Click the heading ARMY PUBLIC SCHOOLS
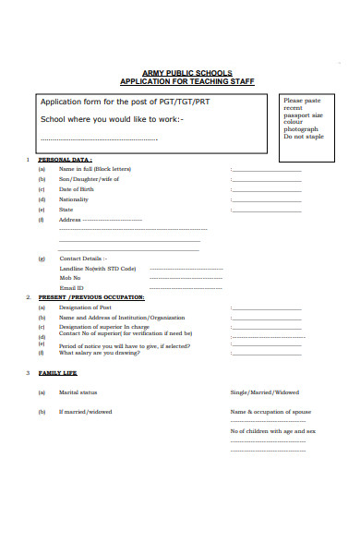pyautogui.click(x=187, y=73)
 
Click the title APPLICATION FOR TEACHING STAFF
pyautogui.click(x=187, y=81)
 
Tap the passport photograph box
pyautogui.click(x=306, y=118)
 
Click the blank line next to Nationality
pyautogui.click(x=266, y=200)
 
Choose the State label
pyautogui.click(x=66, y=210)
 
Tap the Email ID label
pyautogui.click(x=71, y=287)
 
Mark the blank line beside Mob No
pyautogui.click(x=186, y=279)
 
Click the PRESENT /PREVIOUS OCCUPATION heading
pyautogui.click(x=90, y=297)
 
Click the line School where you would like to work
pyautogui.click(x=112, y=119)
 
